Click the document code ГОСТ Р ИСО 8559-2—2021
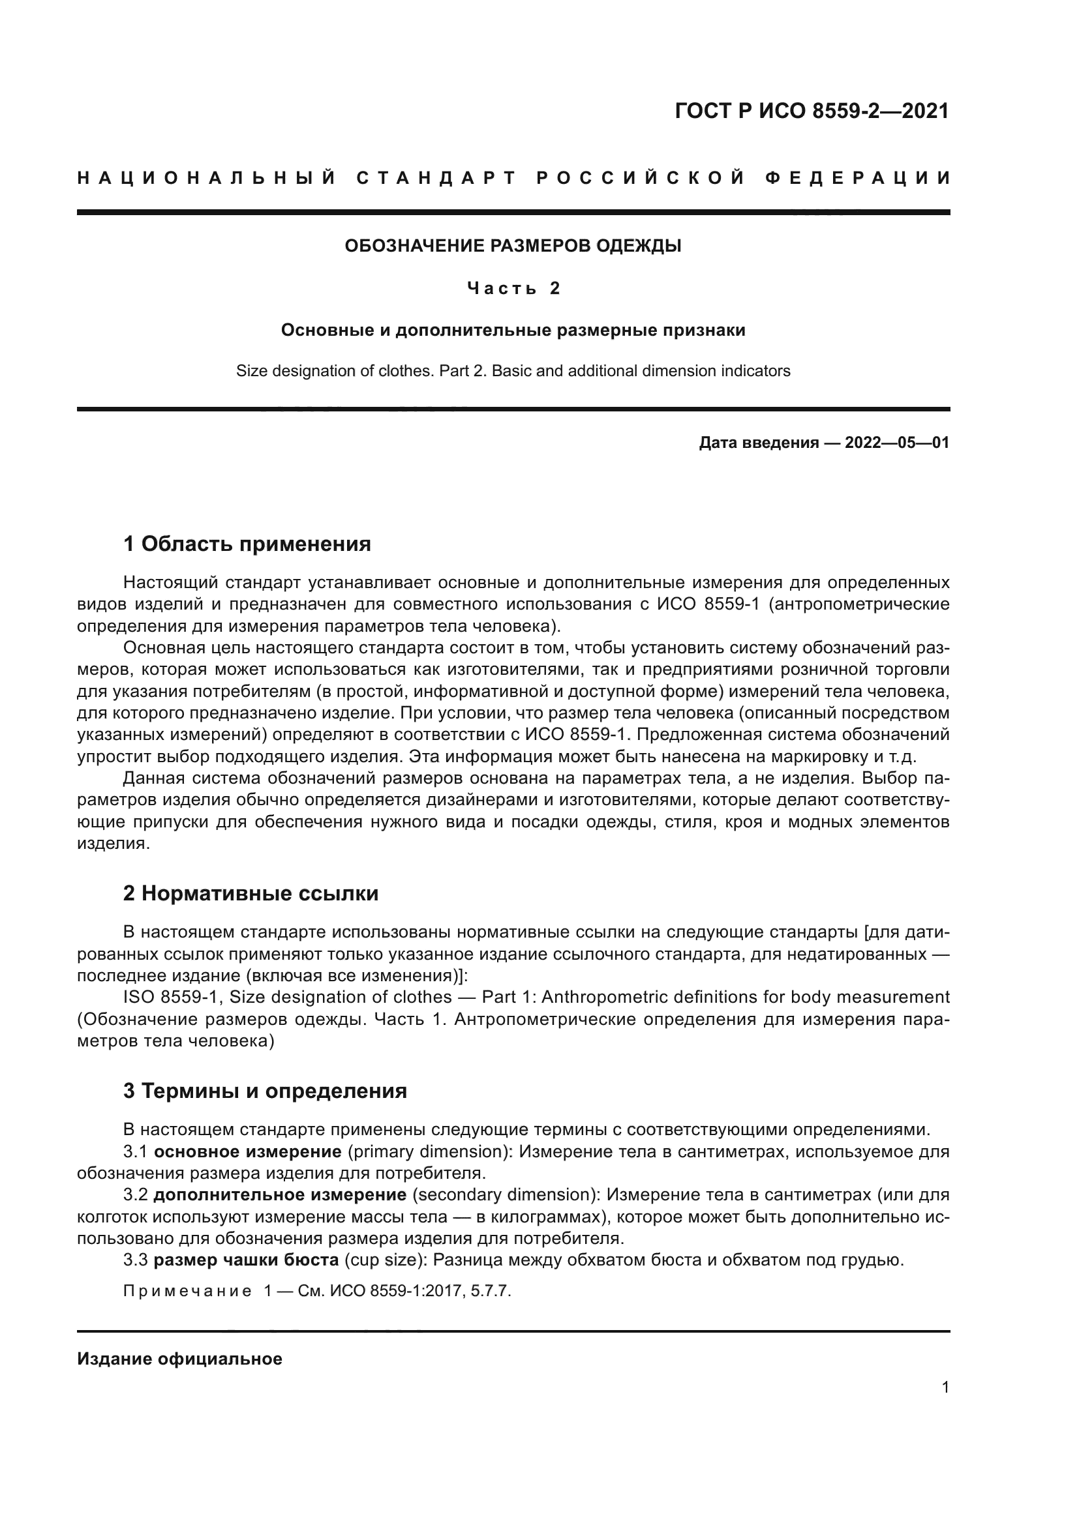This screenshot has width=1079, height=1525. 812,111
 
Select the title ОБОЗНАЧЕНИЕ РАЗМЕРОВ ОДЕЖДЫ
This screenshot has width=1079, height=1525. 513,246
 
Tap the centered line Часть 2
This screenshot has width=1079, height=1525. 513,288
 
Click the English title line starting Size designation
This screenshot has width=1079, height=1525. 513,370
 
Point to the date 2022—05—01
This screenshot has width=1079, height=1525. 897,442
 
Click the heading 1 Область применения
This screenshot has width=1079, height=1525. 247,544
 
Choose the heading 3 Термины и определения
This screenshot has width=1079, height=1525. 264,1091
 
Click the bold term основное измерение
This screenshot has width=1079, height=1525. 248,1151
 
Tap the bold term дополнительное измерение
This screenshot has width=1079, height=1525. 280,1195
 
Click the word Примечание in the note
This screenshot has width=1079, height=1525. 187,1291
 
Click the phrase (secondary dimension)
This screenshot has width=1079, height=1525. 506,1195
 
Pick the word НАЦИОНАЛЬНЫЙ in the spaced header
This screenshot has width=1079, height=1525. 207,178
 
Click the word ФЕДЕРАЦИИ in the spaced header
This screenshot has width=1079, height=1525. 858,178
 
